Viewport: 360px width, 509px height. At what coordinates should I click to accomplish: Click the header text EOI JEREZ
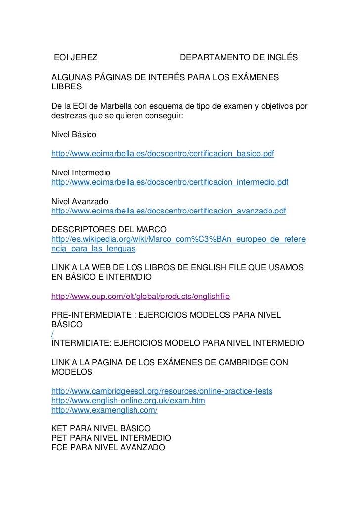click(x=75, y=59)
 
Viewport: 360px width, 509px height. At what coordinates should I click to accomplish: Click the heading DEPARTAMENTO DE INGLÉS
click(x=239, y=59)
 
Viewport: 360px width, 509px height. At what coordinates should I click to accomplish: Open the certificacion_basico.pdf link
click(x=163, y=154)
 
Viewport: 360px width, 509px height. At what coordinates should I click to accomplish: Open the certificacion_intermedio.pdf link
click(x=170, y=182)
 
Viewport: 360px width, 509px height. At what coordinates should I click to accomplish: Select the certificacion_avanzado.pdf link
click(x=169, y=211)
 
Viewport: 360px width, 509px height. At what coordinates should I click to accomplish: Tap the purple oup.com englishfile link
click(x=141, y=297)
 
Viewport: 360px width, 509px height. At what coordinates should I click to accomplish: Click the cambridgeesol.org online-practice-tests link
click(x=162, y=392)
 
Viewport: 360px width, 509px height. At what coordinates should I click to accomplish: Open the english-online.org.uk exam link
click(x=128, y=401)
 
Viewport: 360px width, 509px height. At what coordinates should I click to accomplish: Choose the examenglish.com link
click(x=105, y=410)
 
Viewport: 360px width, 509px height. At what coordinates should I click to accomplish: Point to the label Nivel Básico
click(x=74, y=135)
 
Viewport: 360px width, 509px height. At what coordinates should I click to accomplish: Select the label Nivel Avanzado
click(x=79, y=202)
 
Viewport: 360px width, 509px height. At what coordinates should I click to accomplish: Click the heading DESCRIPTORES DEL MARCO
click(x=109, y=230)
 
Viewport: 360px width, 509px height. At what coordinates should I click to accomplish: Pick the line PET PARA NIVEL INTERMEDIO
click(x=111, y=438)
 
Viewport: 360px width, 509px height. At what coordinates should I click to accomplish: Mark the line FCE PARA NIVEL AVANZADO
click(x=108, y=448)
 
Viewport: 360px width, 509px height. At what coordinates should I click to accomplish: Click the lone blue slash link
click(x=52, y=335)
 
